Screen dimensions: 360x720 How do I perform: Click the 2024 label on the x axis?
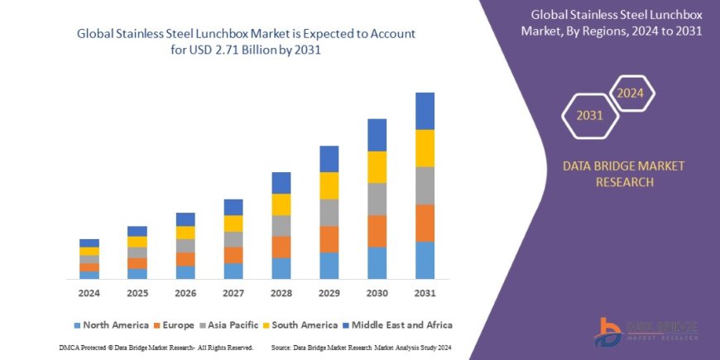point(89,294)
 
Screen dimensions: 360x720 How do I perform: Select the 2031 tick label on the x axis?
point(425,294)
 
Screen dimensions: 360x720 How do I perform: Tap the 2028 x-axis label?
point(281,294)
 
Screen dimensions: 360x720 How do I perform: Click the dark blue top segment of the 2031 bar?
point(425,111)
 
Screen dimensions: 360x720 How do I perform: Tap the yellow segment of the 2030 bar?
point(377,167)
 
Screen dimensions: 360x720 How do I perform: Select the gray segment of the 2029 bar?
point(329,213)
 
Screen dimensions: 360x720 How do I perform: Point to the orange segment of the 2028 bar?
point(281,247)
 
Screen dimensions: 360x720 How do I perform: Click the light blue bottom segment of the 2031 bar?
point(425,260)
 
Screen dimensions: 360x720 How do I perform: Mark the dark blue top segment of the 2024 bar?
point(89,242)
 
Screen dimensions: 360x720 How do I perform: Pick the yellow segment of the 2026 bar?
point(185,233)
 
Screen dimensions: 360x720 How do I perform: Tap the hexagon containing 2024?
point(631,93)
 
